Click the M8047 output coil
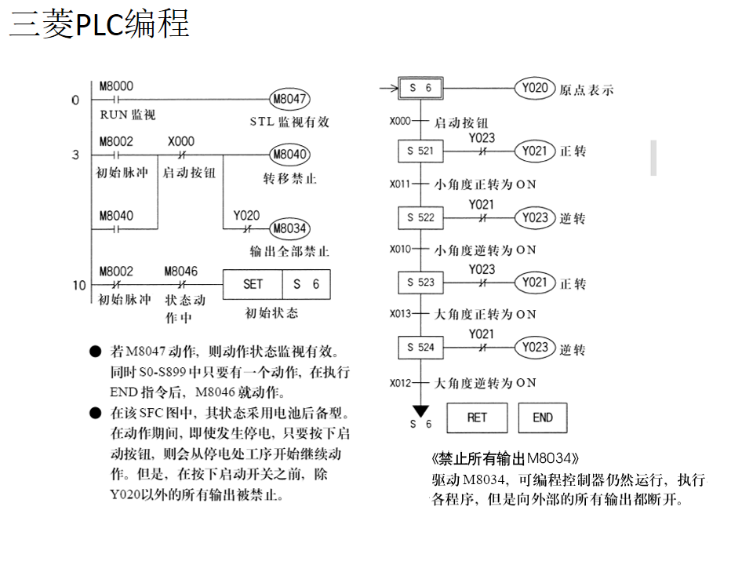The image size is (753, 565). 289,100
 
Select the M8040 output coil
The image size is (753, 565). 289,154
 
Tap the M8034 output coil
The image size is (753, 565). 289,228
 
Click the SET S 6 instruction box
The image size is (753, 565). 277,284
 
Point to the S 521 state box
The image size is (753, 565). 420,151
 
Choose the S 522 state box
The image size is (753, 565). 420,217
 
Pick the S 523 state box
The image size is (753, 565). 420,282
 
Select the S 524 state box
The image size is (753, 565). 420,347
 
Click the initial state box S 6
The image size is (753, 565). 420,88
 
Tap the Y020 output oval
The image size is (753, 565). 535,88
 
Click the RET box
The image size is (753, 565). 477,417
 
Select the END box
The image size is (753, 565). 542,417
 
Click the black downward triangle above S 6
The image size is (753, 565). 421,410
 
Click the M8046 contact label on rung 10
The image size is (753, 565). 181,272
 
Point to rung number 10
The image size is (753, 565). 79,285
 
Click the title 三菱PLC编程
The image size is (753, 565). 99,24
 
